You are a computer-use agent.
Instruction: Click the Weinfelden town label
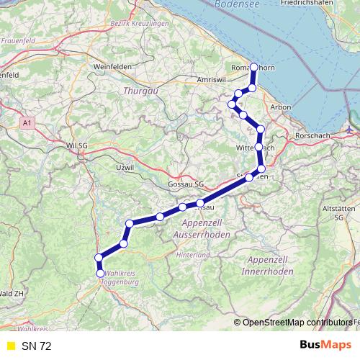(x=110, y=67)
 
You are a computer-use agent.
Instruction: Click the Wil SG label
(x=76, y=145)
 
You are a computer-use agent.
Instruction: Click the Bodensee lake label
(x=237, y=4)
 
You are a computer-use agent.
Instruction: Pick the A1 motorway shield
(x=27, y=124)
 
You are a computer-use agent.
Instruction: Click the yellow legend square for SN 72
(x=10, y=346)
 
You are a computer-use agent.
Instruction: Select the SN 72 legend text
(x=36, y=346)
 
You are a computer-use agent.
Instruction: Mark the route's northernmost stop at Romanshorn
(x=254, y=67)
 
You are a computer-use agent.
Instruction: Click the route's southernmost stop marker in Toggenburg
(x=101, y=272)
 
